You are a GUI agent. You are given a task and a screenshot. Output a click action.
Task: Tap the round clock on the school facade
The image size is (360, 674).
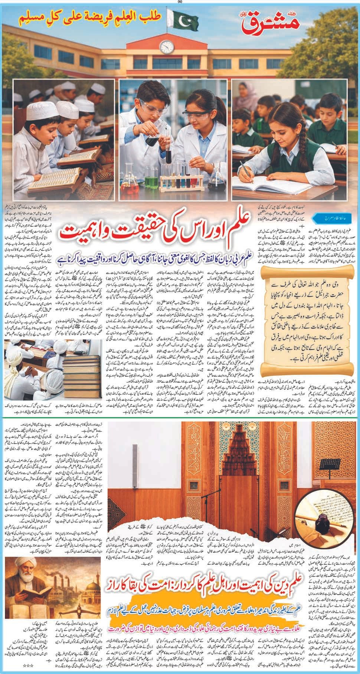pos(167,47)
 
